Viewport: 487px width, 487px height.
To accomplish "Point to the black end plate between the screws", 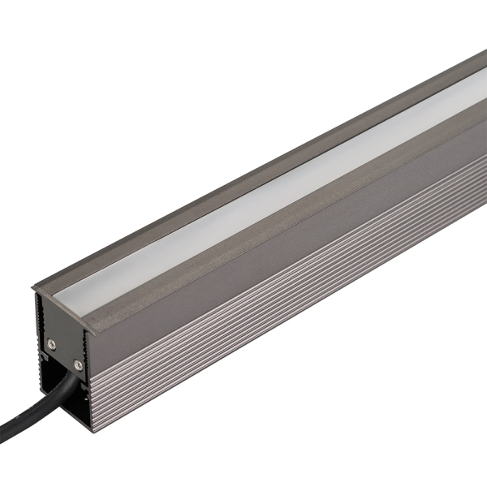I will pos(64,354).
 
